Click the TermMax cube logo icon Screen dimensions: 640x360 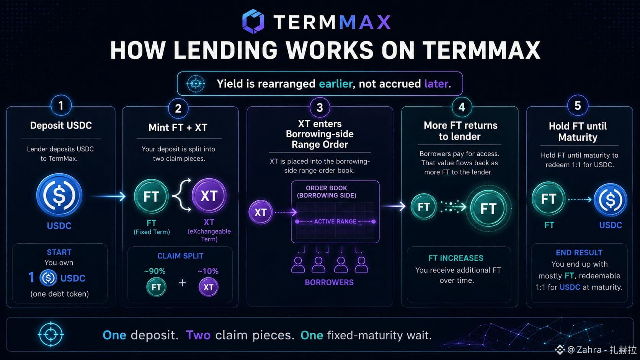click(x=253, y=21)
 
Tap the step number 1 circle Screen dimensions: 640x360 click(x=61, y=105)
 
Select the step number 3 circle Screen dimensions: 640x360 click(x=320, y=108)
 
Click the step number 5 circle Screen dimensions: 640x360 click(x=578, y=105)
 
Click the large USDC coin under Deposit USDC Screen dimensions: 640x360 click(x=59, y=195)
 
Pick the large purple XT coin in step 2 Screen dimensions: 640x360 click(x=209, y=195)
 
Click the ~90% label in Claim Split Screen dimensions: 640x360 click(x=155, y=271)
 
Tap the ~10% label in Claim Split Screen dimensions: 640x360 click(x=208, y=271)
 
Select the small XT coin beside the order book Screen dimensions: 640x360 click(x=260, y=212)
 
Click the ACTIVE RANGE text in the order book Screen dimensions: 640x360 click(x=335, y=221)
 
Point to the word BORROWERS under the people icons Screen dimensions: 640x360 click(x=329, y=282)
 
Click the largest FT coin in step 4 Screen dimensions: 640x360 click(x=488, y=209)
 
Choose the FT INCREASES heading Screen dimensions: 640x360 click(x=456, y=258)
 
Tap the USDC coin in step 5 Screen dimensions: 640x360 click(x=610, y=200)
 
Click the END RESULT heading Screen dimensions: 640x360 click(x=579, y=252)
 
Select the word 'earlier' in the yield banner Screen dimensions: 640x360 click(x=336, y=84)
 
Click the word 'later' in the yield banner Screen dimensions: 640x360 click(x=437, y=84)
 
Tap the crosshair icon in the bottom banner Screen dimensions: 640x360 click(x=51, y=334)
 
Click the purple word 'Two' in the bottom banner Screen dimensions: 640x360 click(x=198, y=335)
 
